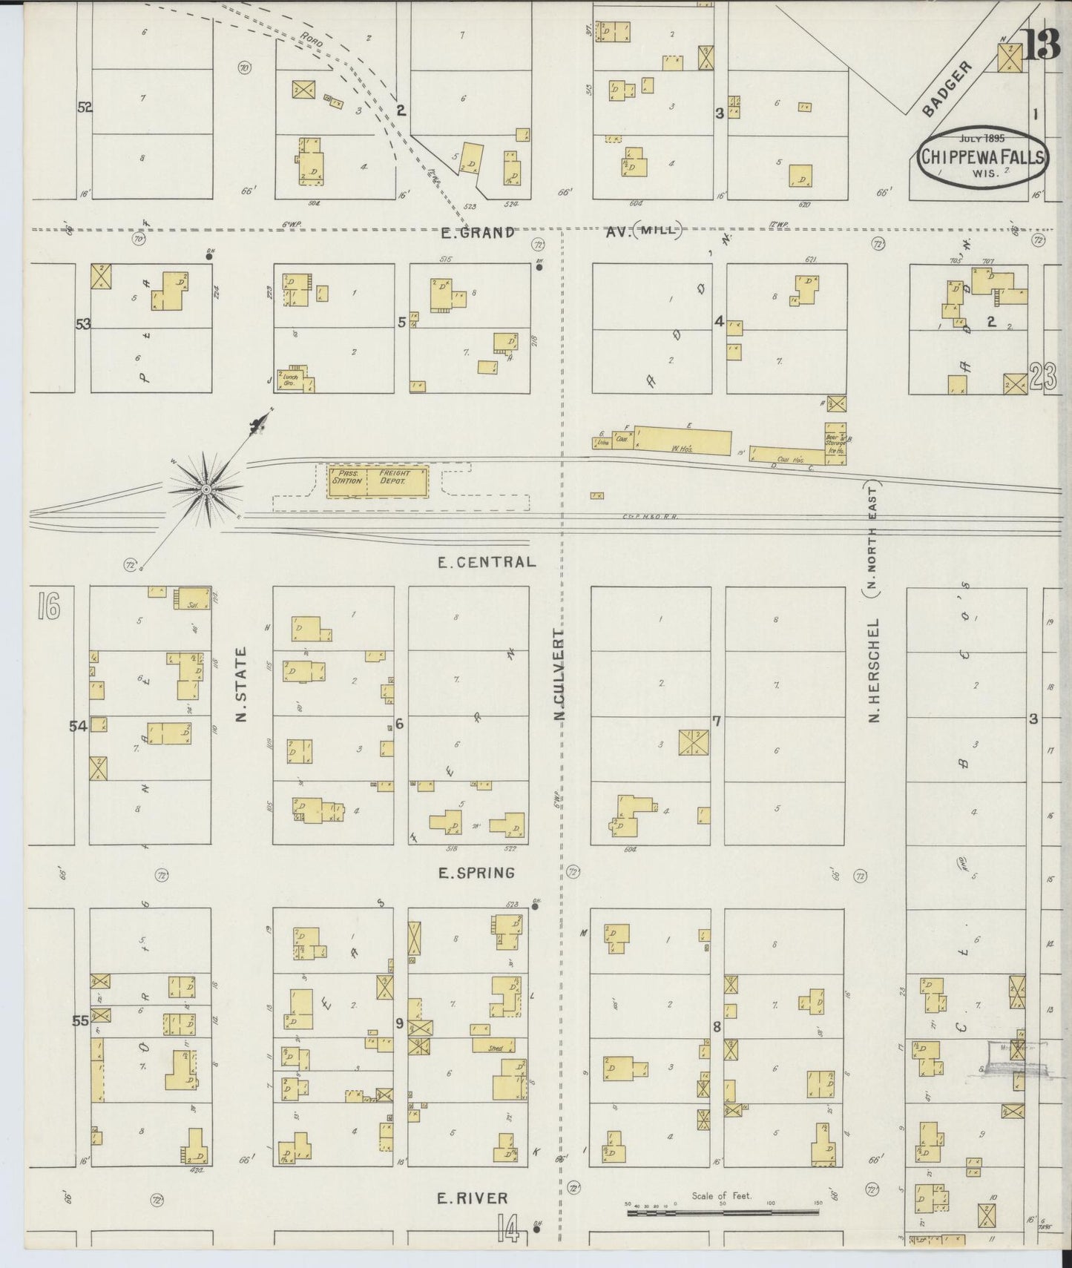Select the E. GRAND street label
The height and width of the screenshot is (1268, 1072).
click(x=476, y=233)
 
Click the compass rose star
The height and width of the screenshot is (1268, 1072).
click(x=207, y=488)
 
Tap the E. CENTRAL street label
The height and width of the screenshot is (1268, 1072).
click(x=487, y=561)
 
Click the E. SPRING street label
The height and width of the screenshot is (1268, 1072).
click(x=476, y=873)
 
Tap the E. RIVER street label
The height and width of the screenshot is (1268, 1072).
click(x=473, y=1198)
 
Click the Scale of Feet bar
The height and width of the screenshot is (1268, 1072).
click(x=723, y=1213)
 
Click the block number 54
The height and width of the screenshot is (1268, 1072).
click(x=78, y=727)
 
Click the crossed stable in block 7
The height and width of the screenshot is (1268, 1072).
click(x=694, y=743)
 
